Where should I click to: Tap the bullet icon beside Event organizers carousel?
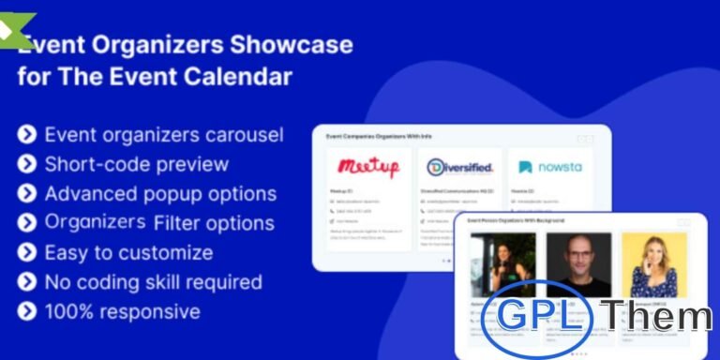27,135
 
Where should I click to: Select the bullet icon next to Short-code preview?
27,164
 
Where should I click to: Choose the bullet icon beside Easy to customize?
27,252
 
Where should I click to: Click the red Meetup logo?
368,168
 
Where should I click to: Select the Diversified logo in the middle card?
459,168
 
